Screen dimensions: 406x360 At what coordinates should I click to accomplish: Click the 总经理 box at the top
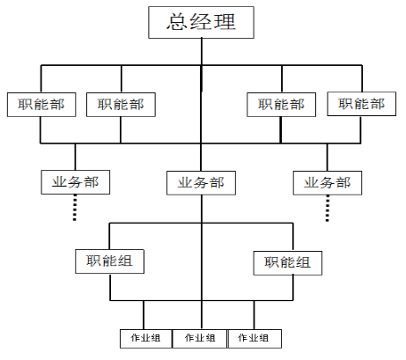point(201,23)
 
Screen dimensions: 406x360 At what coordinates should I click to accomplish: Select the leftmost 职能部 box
point(41,105)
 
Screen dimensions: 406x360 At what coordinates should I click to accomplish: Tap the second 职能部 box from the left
point(121,105)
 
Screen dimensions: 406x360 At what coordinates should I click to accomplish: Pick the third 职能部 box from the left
point(281,105)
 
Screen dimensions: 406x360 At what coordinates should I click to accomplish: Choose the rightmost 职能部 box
point(362,104)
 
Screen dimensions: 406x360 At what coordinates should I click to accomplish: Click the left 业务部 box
point(76,182)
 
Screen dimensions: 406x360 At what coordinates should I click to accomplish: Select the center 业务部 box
point(201,183)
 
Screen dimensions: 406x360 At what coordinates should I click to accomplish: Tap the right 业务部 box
point(328,183)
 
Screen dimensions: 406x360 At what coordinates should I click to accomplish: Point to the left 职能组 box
point(109,261)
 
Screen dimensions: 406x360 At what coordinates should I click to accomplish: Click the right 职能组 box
point(288,263)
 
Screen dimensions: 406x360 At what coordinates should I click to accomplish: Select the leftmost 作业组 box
point(146,339)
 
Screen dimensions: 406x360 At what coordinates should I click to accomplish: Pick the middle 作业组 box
point(200,339)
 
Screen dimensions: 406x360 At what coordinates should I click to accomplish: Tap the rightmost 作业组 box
point(255,339)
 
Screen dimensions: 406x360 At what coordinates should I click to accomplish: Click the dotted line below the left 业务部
point(75,208)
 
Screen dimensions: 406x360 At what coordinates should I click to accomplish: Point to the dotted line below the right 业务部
point(328,209)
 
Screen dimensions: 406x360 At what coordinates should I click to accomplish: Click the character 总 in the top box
point(177,21)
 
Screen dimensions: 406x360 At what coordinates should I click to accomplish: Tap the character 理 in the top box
point(225,21)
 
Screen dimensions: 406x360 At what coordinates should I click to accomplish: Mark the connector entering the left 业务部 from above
point(75,157)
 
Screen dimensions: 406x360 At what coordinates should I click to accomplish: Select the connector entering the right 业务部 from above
point(328,158)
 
